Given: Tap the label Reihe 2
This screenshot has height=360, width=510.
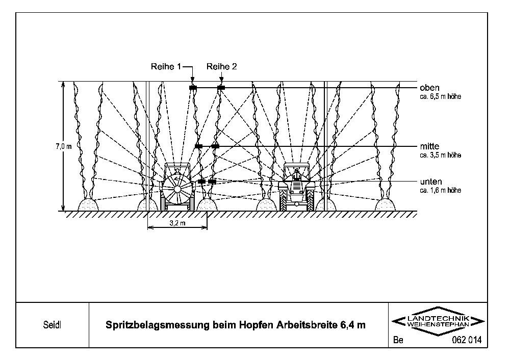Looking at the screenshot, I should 221,67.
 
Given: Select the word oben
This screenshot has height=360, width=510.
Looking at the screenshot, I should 429,88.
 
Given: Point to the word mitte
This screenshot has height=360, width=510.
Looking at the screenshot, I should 429,147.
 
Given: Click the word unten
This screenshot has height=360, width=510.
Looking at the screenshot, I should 431,182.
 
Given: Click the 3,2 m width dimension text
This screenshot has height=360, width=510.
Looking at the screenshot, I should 177,223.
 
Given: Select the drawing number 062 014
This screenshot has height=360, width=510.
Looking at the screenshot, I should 467,340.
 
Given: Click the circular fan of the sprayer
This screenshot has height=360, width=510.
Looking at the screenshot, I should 176,188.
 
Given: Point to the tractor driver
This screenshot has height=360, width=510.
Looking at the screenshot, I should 296,174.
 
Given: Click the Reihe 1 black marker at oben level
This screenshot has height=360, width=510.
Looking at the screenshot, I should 192,88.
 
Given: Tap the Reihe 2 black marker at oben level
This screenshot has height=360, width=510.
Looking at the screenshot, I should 220,88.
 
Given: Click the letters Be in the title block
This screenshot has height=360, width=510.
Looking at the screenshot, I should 398,340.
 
